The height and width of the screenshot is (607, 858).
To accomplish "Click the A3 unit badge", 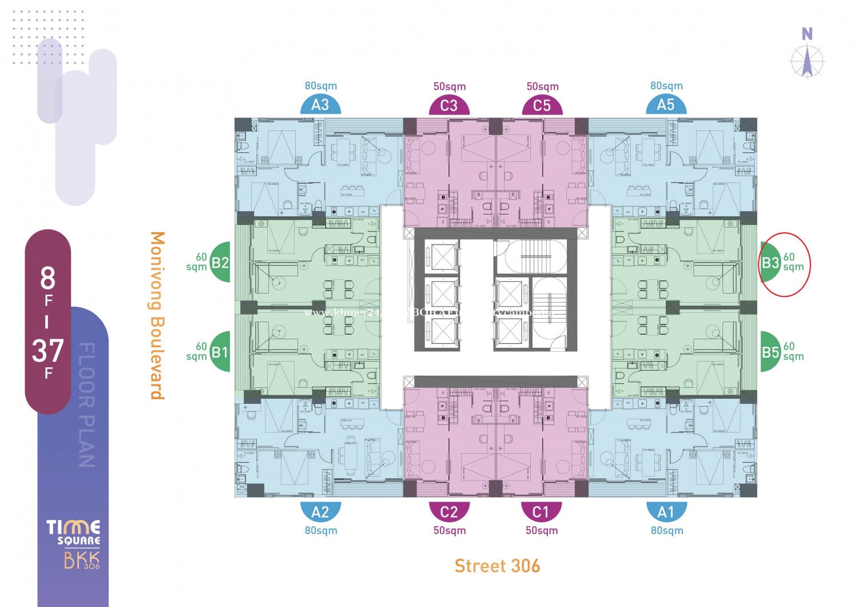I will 320,105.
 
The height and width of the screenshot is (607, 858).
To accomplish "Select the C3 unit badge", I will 449,106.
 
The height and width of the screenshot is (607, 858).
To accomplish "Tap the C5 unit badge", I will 542,106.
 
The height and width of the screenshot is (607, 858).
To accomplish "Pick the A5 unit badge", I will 666,105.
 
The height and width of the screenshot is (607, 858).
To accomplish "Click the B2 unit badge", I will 220,263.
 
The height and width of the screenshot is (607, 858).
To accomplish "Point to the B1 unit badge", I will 220,352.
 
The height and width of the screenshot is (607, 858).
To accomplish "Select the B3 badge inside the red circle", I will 770,263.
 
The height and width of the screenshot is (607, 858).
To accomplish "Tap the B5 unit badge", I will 770,352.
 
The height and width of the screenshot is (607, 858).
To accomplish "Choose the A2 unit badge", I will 320,511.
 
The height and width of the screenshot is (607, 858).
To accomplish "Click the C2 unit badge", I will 449,511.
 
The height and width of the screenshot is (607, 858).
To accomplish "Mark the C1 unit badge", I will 541,511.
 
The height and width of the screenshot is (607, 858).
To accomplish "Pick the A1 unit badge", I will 666,511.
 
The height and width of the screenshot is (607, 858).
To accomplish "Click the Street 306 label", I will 497,566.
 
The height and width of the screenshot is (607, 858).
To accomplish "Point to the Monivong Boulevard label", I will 157,315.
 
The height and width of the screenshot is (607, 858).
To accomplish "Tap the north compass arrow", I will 807,62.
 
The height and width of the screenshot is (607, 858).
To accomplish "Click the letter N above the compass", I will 807,34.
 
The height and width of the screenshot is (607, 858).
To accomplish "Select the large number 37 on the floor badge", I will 47,350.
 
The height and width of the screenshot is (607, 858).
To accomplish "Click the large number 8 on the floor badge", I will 47,279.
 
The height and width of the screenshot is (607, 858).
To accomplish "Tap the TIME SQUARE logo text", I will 73,532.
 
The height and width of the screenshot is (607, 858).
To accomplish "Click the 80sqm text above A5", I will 666,86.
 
